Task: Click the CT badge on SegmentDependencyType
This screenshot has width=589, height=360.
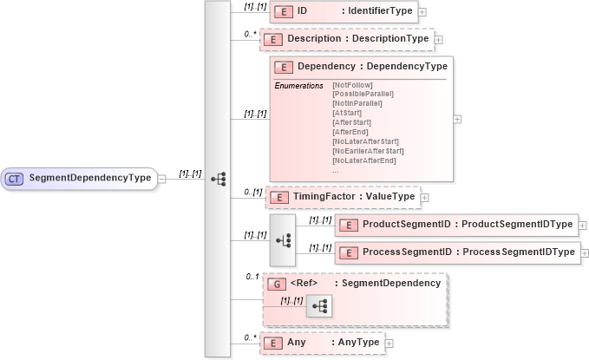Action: coord(14,178)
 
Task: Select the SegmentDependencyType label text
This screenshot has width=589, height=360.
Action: coord(90,178)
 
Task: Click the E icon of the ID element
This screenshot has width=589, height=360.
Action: coord(283,11)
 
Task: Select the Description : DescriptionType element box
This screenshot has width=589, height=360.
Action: coord(345,39)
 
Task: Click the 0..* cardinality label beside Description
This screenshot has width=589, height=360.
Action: coord(250,34)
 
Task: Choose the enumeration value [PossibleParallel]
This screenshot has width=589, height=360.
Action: coord(363,94)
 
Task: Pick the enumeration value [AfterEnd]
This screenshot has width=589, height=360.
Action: coord(351,132)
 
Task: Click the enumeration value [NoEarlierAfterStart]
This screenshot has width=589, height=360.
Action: coord(366,151)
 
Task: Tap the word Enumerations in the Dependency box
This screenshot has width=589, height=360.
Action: coord(298,85)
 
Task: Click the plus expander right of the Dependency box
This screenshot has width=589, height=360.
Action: coord(457,119)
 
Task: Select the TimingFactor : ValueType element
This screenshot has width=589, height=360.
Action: coord(343,198)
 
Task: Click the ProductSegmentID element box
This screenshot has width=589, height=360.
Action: coord(456,225)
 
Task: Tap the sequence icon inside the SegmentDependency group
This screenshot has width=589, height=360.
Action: coord(317,305)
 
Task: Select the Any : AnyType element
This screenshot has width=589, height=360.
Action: coord(323,343)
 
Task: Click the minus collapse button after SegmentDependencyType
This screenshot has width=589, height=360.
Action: coord(162,178)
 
